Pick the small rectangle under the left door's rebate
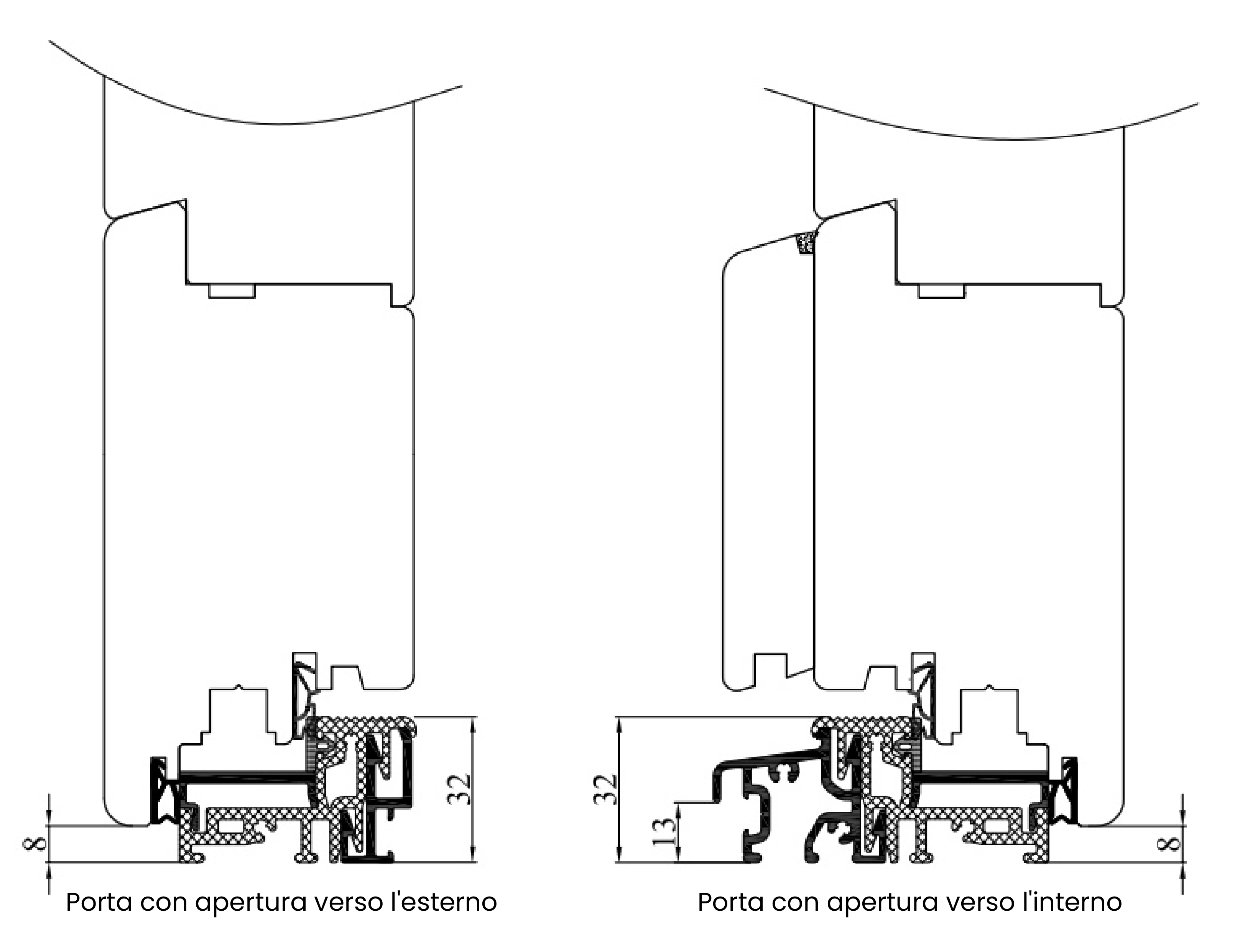coord(232,291)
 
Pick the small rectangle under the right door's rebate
coord(942,291)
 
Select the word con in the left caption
coord(164,903)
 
